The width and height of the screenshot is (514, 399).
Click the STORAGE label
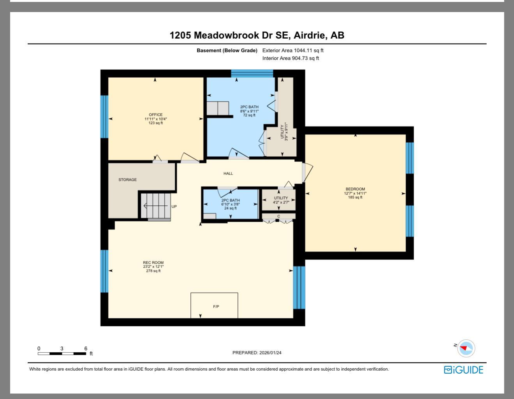click(128, 180)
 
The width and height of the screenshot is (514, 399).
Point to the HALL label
click(228, 173)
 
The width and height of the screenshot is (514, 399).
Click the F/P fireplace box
click(214, 306)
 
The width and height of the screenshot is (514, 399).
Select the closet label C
click(278, 216)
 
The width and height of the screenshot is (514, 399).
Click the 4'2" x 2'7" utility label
click(281, 200)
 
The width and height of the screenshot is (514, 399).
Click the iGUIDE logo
click(463, 370)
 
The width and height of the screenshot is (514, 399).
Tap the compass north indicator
click(466, 348)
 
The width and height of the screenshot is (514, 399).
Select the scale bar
click(62, 353)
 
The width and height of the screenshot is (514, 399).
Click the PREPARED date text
click(257, 353)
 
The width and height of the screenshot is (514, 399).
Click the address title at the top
click(257, 35)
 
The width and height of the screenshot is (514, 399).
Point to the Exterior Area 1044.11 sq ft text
click(293, 50)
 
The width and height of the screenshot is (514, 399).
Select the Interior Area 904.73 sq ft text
click(291, 58)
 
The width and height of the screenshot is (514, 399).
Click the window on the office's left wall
click(104, 117)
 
